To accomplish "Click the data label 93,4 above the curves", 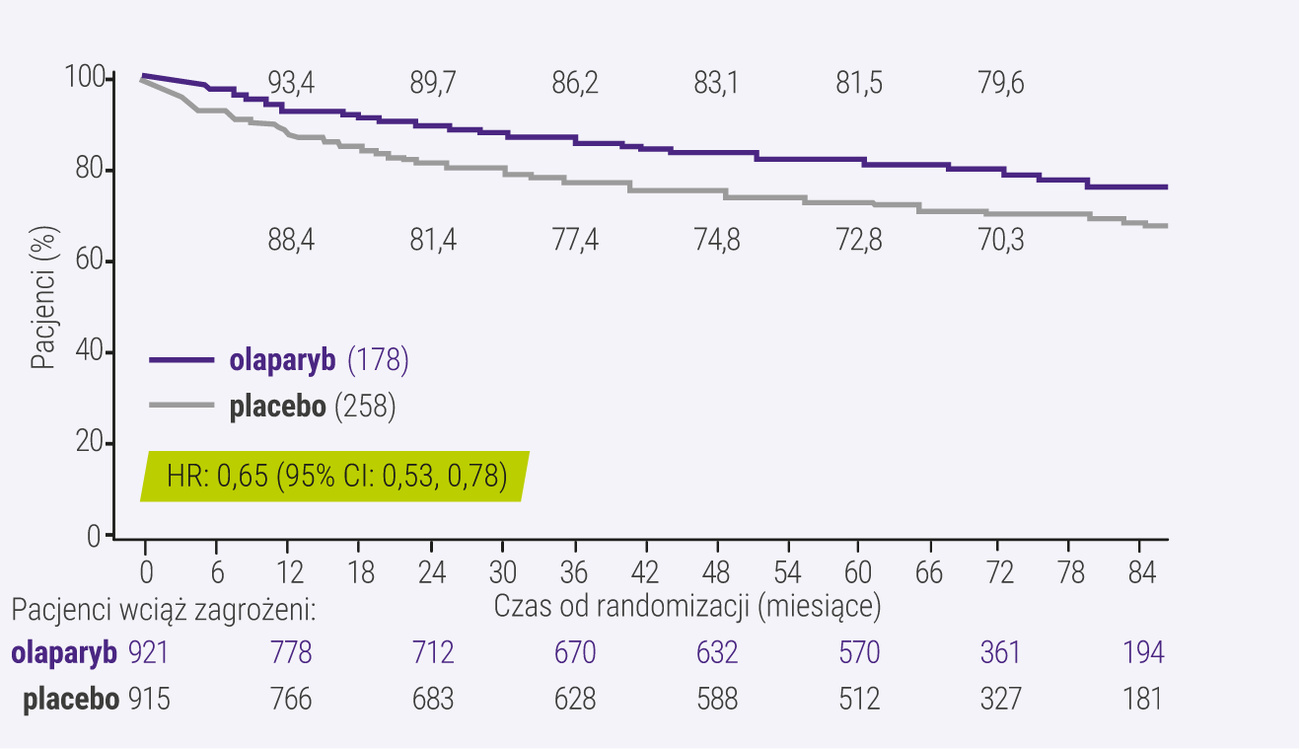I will point(291,84).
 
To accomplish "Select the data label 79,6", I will point(1001,84).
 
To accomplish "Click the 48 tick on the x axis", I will point(717,573).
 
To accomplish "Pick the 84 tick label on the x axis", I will point(1141,573).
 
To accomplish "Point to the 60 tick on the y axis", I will point(89,262).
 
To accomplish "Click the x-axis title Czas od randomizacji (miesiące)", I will point(686,606).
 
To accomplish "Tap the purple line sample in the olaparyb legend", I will point(181,361).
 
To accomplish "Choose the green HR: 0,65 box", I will point(335,477).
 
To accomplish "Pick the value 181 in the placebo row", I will point(1142,700).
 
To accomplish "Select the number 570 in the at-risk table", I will point(859,653).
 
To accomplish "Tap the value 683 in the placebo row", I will point(433,700).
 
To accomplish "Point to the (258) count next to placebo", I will point(365,408).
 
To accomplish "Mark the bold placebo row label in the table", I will point(72,700).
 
